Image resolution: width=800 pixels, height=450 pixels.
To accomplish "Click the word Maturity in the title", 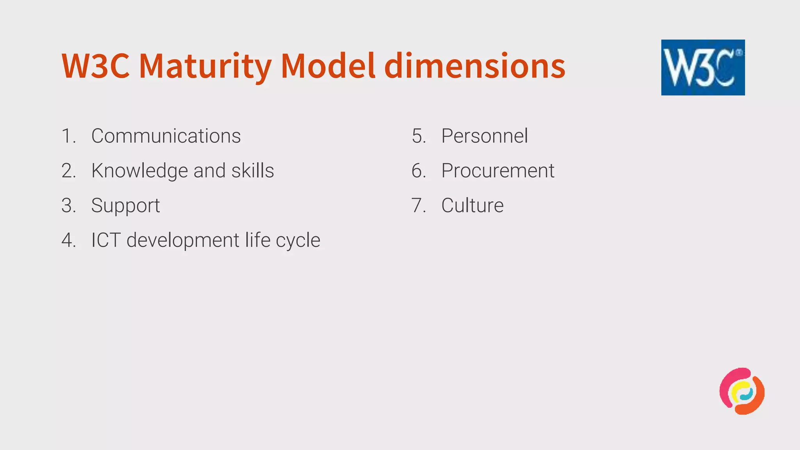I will (x=205, y=66).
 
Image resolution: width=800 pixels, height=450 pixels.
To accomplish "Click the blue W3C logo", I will (x=703, y=67).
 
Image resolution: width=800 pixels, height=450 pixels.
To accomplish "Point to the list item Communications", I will (x=166, y=136).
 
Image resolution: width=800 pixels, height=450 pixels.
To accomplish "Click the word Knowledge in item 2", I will (x=139, y=171).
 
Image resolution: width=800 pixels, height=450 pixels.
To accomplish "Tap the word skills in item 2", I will (x=252, y=171).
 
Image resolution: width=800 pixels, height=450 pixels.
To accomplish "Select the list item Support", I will (x=125, y=206).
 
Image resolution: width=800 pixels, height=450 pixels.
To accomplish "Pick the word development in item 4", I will (x=183, y=240).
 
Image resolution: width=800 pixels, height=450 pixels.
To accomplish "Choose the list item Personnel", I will (x=484, y=136).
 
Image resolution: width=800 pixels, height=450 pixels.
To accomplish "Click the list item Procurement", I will (x=498, y=171).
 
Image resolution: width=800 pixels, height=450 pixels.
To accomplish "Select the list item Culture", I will (x=472, y=205).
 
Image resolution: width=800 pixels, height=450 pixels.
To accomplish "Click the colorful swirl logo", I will (x=742, y=391).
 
